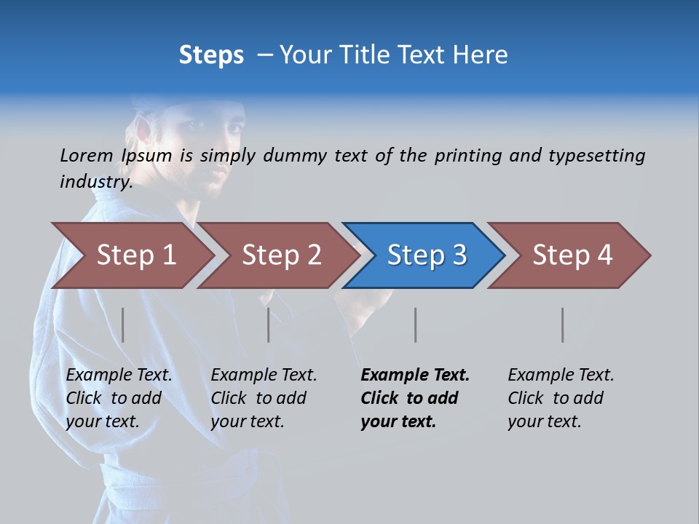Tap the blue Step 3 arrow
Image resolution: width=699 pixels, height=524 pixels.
(x=427, y=255)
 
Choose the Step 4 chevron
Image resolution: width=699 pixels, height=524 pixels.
(x=572, y=255)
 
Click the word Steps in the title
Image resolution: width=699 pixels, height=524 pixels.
(x=211, y=55)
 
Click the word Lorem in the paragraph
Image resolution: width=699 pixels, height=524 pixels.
(x=86, y=155)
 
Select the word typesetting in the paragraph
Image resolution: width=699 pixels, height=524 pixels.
(x=596, y=156)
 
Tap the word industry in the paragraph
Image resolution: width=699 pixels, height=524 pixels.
(x=95, y=181)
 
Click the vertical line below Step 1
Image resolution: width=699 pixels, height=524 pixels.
(x=123, y=325)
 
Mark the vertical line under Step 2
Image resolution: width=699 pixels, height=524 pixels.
(x=269, y=325)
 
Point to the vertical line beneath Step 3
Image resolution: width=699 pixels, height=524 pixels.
(x=416, y=325)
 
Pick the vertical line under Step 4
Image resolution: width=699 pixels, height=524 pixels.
(x=563, y=325)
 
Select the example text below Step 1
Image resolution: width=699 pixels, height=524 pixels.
(x=119, y=398)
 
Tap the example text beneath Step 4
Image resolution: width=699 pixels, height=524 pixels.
(x=561, y=398)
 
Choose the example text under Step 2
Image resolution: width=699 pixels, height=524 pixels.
(x=264, y=398)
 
